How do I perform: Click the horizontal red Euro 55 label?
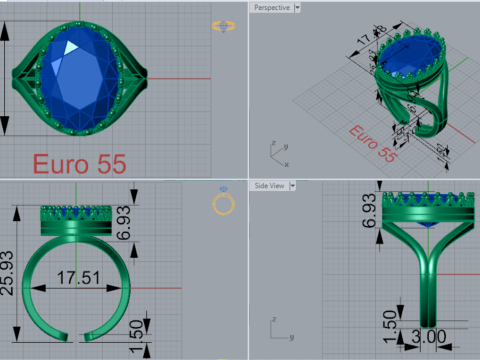79,163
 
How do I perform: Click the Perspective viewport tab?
271,7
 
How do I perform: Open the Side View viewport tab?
270,186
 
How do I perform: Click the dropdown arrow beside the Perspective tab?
298,7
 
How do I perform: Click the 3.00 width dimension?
428,339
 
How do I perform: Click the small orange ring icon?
225,204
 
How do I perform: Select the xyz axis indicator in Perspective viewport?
279,153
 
